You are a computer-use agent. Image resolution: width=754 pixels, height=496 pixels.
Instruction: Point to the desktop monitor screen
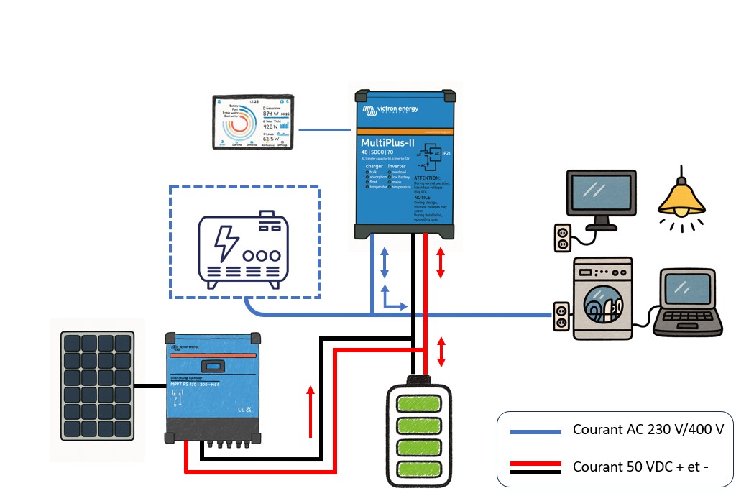pyautogui.click(x=601, y=193)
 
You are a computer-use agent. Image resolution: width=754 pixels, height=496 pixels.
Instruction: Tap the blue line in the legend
pyautogui.click(x=535, y=431)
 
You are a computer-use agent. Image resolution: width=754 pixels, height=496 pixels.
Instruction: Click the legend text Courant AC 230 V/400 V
pyautogui.click(x=648, y=430)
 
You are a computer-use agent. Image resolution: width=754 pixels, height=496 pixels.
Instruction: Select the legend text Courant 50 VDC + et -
pyautogui.click(x=640, y=467)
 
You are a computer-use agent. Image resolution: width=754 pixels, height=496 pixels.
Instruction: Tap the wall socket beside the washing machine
pyautogui.click(x=561, y=316)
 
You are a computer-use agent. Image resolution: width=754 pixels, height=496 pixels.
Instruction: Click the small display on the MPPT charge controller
pyautogui.click(x=213, y=365)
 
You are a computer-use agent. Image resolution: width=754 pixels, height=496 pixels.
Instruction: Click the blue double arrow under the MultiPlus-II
pyautogui.click(x=385, y=262)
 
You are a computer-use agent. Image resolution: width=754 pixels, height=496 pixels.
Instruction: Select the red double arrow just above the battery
pyautogui.click(x=441, y=352)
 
